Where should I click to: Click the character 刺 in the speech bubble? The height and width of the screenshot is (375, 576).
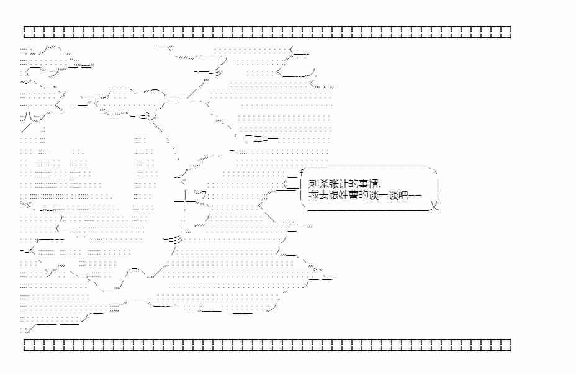[x=313, y=184]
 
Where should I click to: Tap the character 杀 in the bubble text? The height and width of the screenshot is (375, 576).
[x=323, y=184]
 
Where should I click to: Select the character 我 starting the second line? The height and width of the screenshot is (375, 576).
[x=313, y=195]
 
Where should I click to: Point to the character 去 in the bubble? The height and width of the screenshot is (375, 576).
[x=323, y=195]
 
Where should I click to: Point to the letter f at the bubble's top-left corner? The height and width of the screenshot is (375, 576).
[x=301, y=172]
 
